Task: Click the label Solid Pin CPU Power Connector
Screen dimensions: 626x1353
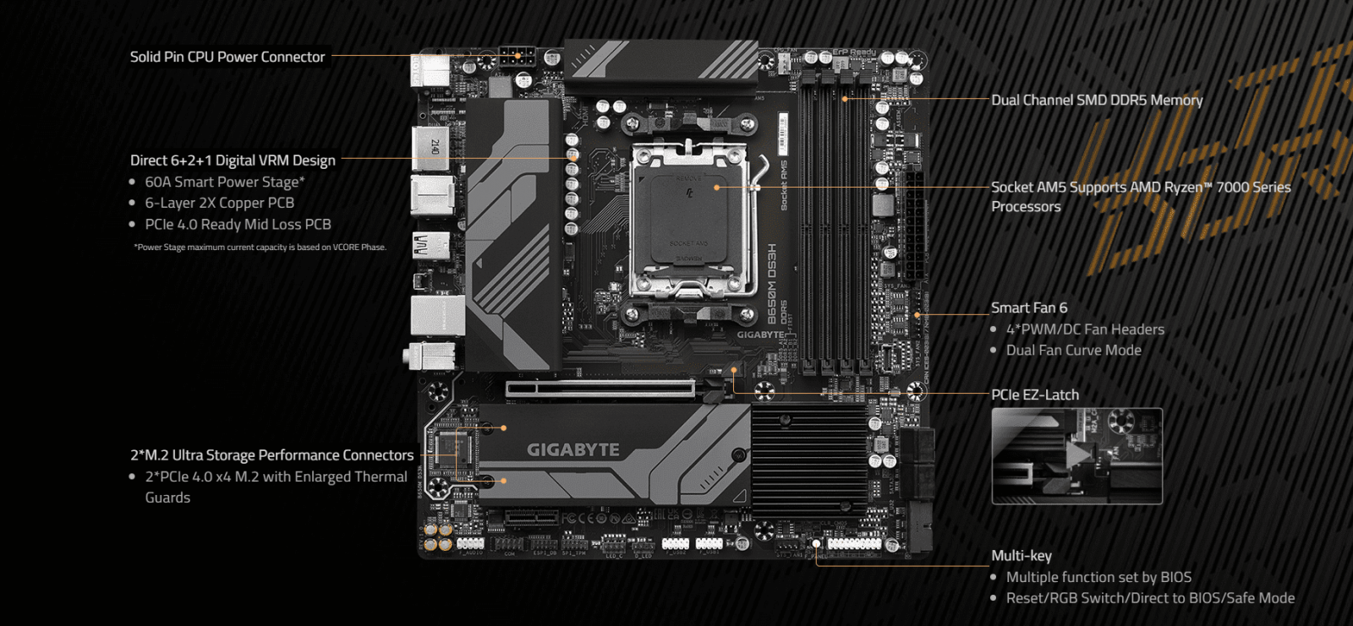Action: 227,57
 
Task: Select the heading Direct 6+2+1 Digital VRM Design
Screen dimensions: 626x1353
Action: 233,160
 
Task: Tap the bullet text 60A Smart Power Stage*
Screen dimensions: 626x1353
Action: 224,182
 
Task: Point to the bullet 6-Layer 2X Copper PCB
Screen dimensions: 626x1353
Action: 219,203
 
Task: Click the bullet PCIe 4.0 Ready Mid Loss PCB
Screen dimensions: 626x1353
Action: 238,224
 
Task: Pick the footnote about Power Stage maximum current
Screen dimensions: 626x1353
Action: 260,248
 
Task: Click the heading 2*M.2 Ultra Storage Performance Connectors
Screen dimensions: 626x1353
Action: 271,455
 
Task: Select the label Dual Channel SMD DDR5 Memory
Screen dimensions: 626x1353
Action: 1097,100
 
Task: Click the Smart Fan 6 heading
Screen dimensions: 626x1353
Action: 1029,308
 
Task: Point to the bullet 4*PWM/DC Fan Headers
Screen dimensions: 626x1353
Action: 1085,329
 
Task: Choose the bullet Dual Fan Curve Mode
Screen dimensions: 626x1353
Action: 1073,350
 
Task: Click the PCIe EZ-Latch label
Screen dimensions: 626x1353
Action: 1035,395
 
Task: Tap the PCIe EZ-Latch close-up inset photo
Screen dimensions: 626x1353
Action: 1076,456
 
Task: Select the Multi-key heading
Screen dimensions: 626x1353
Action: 1022,555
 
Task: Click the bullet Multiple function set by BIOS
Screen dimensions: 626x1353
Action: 1098,577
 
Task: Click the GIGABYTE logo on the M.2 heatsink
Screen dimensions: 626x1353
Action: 573,449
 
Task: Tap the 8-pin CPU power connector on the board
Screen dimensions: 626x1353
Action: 517,58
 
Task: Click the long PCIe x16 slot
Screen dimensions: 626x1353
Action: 600,389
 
